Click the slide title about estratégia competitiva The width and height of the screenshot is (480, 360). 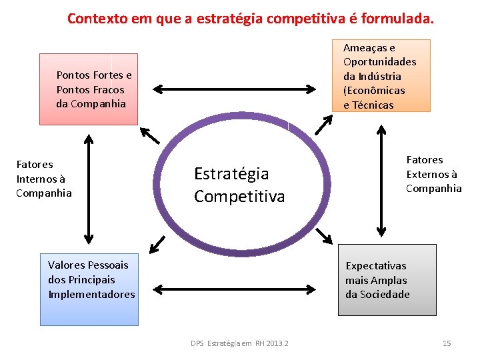[x=250, y=19]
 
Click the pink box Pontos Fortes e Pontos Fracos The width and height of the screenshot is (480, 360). [x=89, y=89]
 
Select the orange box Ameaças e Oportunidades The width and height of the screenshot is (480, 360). [x=381, y=75]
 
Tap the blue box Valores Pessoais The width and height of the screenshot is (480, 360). [x=89, y=289]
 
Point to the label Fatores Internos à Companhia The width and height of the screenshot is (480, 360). [x=44, y=179]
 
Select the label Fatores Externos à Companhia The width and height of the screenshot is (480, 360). [x=434, y=174]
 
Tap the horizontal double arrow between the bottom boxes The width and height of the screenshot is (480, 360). [x=237, y=289]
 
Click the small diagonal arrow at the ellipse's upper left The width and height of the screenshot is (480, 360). [x=151, y=135]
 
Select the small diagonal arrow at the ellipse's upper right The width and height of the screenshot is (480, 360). [x=323, y=125]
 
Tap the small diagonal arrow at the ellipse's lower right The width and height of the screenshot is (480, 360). [x=324, y=235]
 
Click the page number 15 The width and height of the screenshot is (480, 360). [x=447, y=343]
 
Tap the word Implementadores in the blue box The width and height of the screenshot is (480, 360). [x=91, y=294]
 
